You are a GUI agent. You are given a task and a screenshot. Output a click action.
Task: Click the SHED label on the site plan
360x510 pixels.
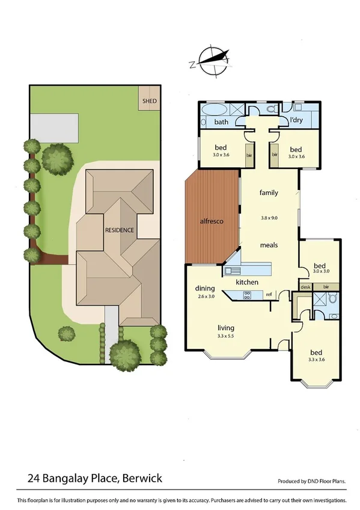(149, 101)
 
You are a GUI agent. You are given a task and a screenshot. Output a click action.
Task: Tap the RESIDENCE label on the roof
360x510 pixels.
(119, 230)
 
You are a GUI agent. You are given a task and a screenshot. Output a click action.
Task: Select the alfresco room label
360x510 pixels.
(212, 222)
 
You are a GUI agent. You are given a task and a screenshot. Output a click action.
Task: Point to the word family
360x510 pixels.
(268, 193)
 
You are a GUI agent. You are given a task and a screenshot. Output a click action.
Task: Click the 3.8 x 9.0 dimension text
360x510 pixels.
(268, 218)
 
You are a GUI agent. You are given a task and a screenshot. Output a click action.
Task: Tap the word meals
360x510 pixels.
(268, 245)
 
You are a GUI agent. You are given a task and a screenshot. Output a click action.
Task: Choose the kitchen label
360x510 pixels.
(246, 282)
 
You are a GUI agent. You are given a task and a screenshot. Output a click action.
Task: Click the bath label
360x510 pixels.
(222, 122)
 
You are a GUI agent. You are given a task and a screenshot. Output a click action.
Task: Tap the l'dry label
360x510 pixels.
(296, 120)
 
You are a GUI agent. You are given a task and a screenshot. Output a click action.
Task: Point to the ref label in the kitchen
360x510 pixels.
(269, 294)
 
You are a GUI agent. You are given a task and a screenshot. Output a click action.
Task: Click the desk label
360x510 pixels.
(306, 287)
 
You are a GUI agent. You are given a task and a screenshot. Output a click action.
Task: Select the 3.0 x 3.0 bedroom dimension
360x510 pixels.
(322, 272)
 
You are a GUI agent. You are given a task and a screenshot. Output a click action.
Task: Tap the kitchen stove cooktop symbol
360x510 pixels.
(246, 295)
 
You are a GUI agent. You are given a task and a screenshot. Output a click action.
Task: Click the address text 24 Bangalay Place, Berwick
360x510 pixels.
(94, 479)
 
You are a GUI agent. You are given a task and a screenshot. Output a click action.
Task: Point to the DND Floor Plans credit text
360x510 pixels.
(312, 482)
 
